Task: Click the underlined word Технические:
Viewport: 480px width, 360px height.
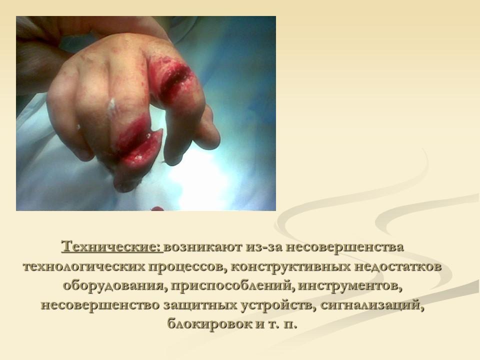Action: tap(112, 247)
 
